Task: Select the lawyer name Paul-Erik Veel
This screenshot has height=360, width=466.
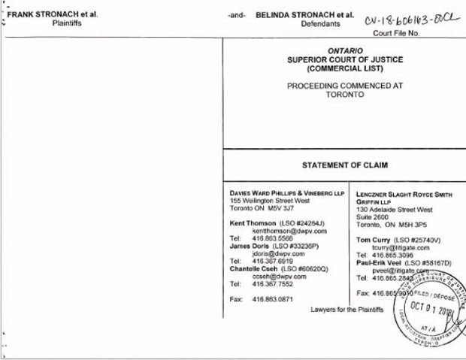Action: pos(381,262)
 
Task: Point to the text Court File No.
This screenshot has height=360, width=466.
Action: pos(419,33)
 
